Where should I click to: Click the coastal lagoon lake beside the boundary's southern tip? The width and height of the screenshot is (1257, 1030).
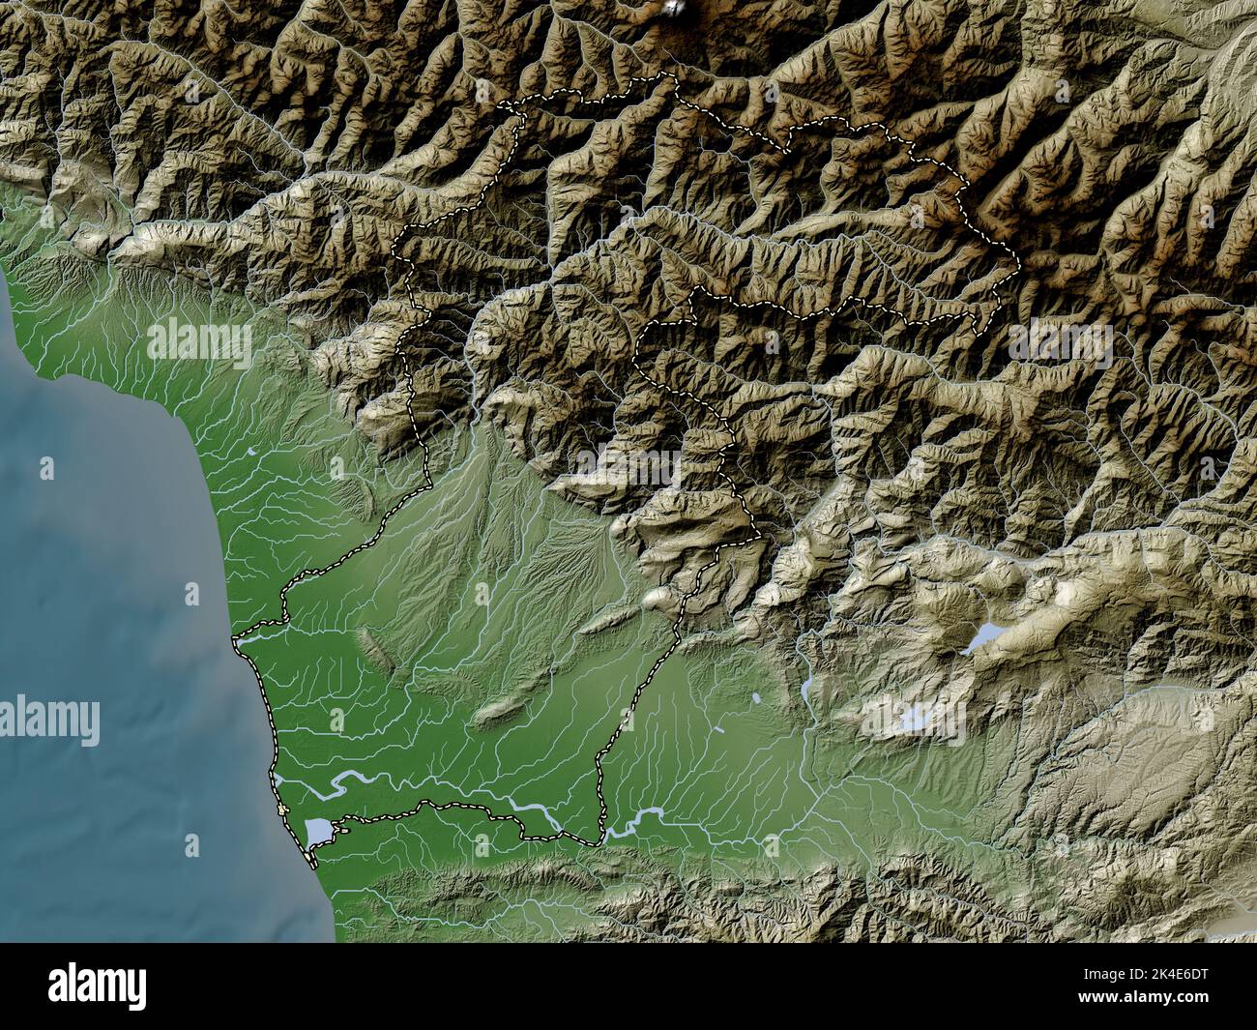point(318,830)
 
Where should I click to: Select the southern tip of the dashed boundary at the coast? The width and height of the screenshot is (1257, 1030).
point(309,862)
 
